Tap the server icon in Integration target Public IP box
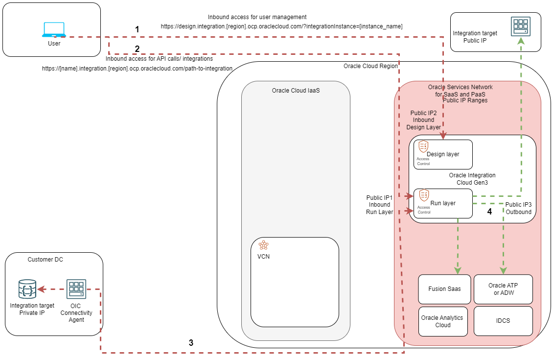point(520,26)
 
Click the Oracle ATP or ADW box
point(503,289)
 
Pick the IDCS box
point(503,321)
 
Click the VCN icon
point(264,245)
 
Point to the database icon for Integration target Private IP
point(28,289)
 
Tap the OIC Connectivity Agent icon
point(76,289)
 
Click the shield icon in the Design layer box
point(423,146)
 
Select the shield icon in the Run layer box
point(424,195)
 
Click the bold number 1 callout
point(137,29)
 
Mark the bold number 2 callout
point(137,48)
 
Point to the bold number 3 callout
point(191,343)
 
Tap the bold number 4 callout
point(489,212)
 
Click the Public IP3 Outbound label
point(518,208)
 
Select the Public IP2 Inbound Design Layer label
point(423,120)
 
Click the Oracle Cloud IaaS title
point(296,91)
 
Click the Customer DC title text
point(45,260)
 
